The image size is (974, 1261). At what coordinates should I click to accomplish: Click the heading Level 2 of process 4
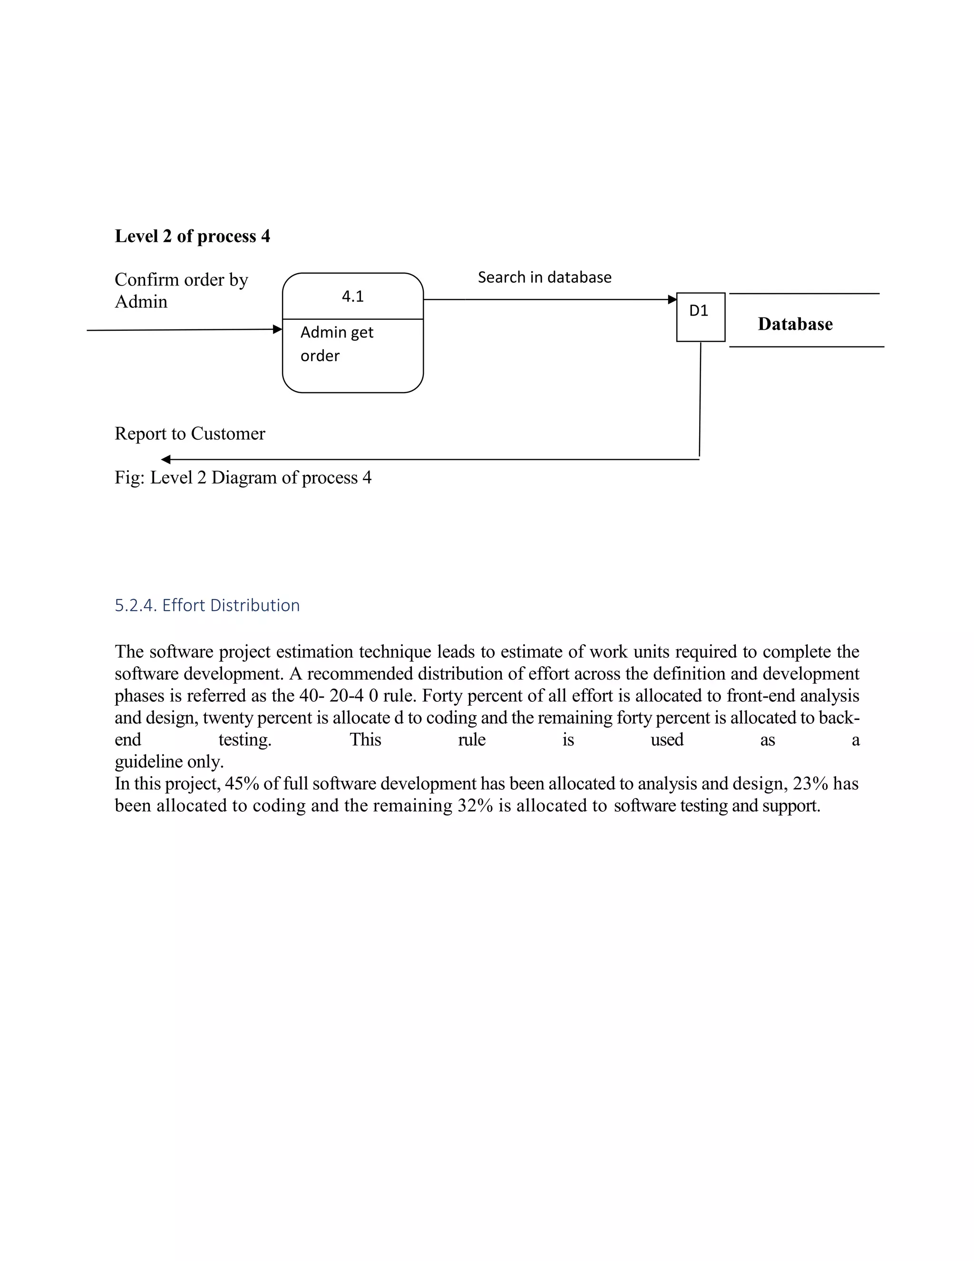[x=192, y=236]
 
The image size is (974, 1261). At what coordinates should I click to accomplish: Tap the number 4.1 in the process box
[x=352, y=296]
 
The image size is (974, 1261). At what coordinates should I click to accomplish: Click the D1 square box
[x=701, y=317]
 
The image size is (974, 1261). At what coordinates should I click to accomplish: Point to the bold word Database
[x=795, y=324]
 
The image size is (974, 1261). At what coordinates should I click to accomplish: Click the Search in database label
[x=544, y=277]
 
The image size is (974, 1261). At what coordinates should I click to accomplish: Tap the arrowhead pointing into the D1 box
[x=672, y=299]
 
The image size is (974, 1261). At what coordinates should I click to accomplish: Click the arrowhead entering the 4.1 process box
[x=278, y=329]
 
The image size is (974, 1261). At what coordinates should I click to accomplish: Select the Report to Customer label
[x=190, y=433]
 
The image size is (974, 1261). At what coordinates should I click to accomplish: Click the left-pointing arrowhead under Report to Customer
[x=166, y=460]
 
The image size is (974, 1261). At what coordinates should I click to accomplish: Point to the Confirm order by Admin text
[x=181, y=290]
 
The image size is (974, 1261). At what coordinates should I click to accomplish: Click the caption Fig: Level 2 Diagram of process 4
[x=243, y=477]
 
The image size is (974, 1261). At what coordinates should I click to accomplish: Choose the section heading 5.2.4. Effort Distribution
[x=207, y=605]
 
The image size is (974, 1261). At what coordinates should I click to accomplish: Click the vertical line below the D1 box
[x=700, y=398]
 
